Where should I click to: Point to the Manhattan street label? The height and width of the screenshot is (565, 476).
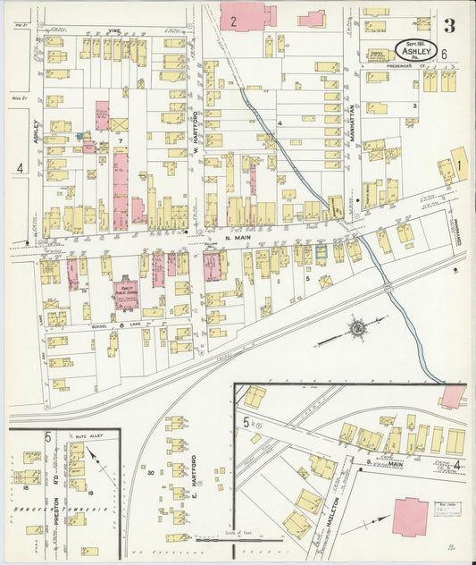(x=351, y=125)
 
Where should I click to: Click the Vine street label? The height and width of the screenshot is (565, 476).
(x=113, y=30)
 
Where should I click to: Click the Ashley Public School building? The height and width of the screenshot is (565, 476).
(x=127, y=293)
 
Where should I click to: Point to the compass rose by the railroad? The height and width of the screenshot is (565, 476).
(x=356, y=330)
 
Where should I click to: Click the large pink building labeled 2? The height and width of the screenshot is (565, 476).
(x=242, y=16)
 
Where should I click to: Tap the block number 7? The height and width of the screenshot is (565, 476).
(x=118, y=141)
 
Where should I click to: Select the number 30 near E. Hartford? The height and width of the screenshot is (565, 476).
(x=151, y=471)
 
